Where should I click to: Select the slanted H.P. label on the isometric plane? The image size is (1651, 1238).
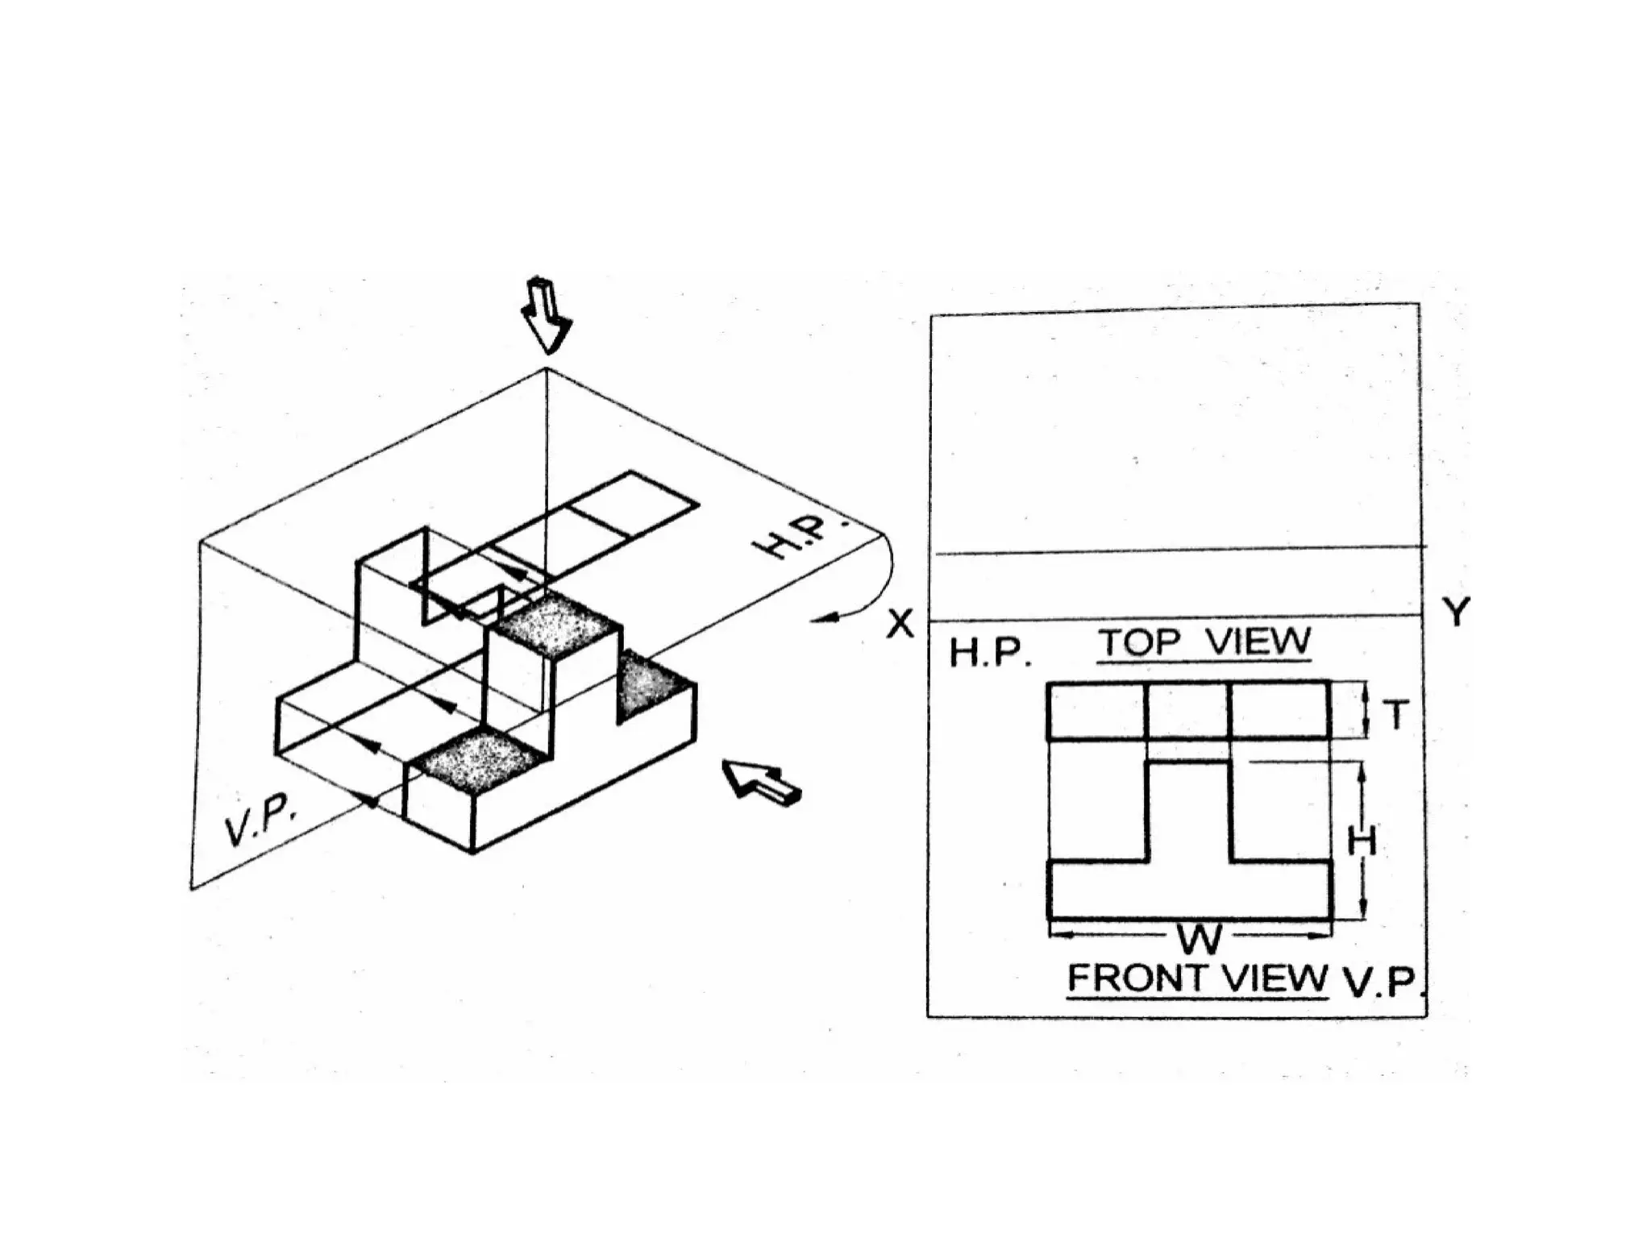point(798,534)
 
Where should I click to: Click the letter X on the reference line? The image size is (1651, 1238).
point(900,624)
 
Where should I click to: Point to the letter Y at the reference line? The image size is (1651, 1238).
point(1456,613)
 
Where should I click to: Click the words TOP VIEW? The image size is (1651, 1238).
point(1204,643)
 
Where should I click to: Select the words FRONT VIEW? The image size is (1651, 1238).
point(1197,978)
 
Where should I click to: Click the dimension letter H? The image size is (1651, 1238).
point(1362,843)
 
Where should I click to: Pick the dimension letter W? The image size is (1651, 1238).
point(1200,938)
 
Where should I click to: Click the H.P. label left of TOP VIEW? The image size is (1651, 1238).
point(989,654)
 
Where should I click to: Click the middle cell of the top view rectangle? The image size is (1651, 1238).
point(1187,711)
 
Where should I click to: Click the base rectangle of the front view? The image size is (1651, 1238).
point(1190,890)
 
